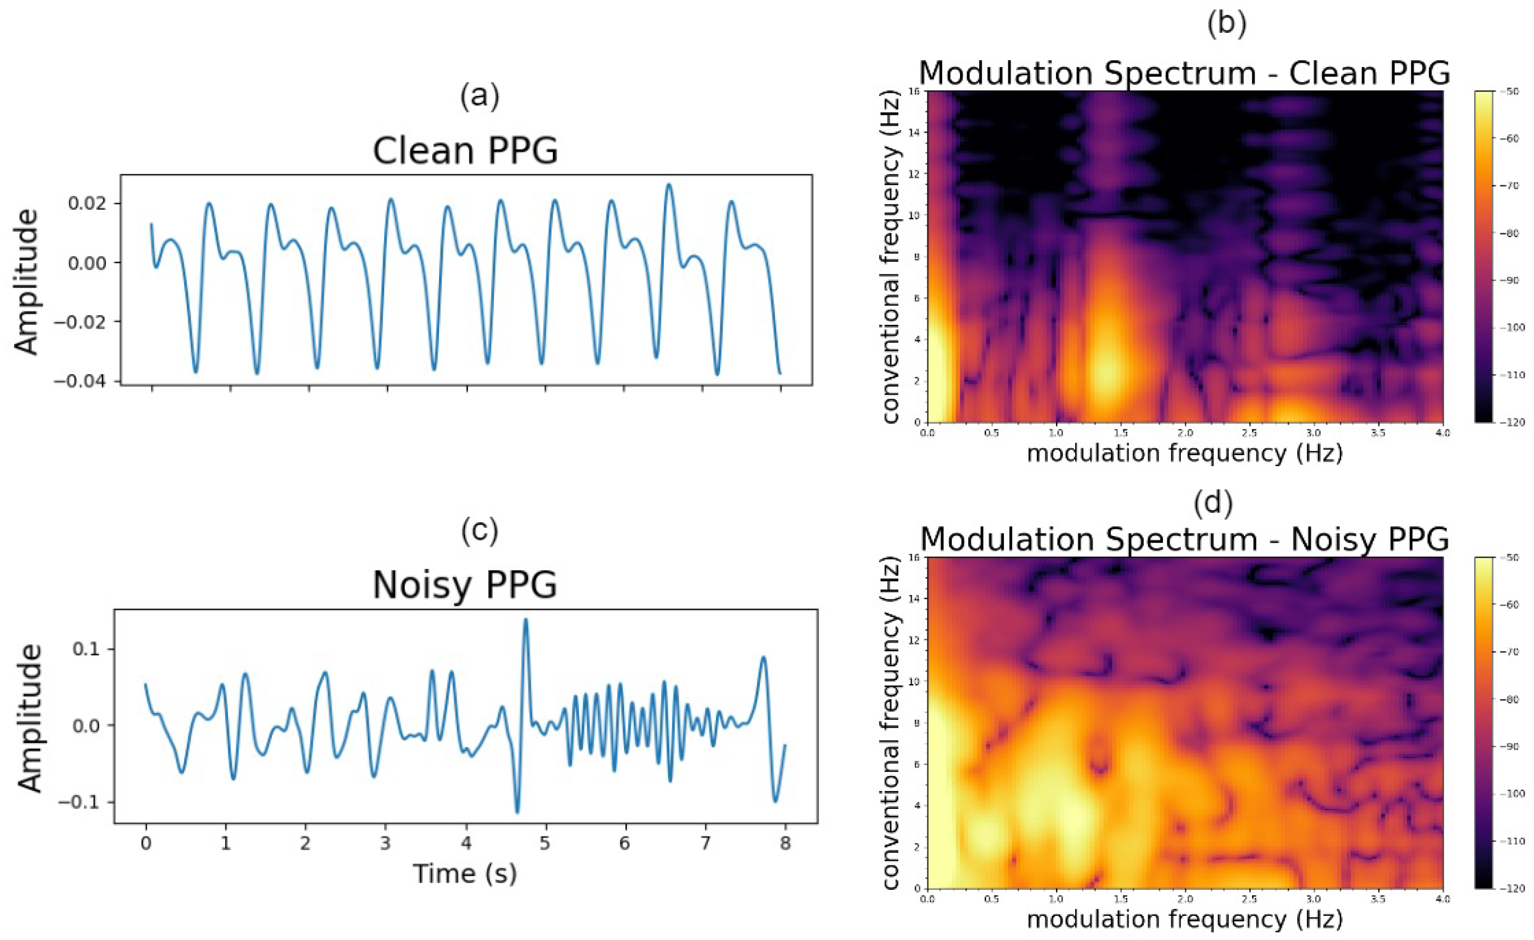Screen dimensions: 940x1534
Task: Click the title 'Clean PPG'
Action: pyautogui.click(x=465, y=151)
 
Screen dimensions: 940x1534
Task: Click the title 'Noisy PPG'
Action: pyautogui.click(x=465, y=585)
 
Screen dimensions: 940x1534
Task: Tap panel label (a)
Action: pyautogui.click(x=480, y=96)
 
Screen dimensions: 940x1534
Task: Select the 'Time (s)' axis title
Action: pyautogui.click(x=465, y=873)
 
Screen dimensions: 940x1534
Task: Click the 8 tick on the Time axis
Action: pyautogui.click(x=785, y=844)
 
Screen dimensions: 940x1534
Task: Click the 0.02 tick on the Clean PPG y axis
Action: pyautogui.click(x=87, y=204)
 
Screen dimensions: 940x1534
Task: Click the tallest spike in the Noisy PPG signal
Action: pyautogui.click(x=525, y=620)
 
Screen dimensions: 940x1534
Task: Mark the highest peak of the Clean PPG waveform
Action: pyautogui.click(x=668, y=185)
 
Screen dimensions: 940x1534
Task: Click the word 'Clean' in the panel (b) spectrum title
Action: pyautogui.click(x=1327, y=73)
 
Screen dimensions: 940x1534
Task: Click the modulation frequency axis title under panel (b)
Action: pyautogui.click(x=1184, y=453)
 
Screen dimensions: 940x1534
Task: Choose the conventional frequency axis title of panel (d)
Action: pyautogui.click(x=891, y=724)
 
